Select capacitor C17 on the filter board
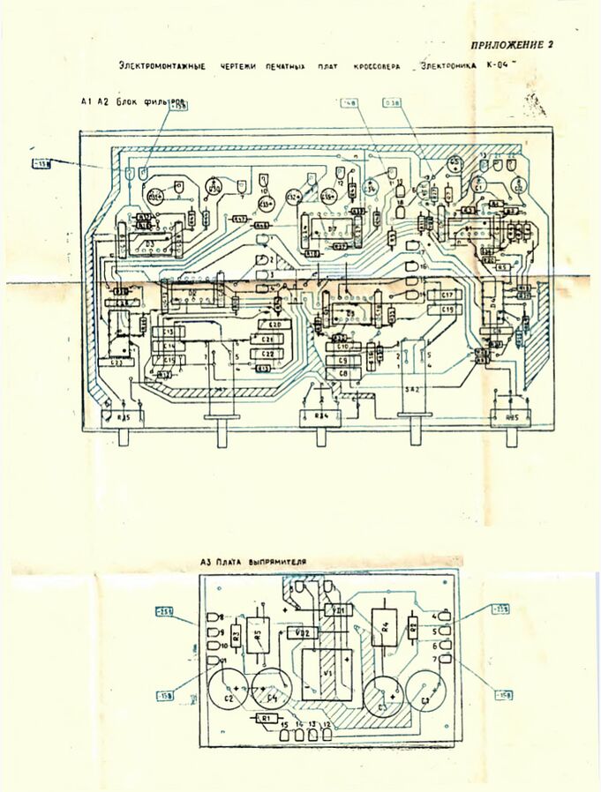coord(447,295)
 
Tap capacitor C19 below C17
coord(447,310)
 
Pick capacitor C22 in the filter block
coord(267,353)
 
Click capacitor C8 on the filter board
coord(343,374)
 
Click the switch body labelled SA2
coord(412,387)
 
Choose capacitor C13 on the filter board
coord(168,332)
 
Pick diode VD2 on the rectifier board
coord(301,632)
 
